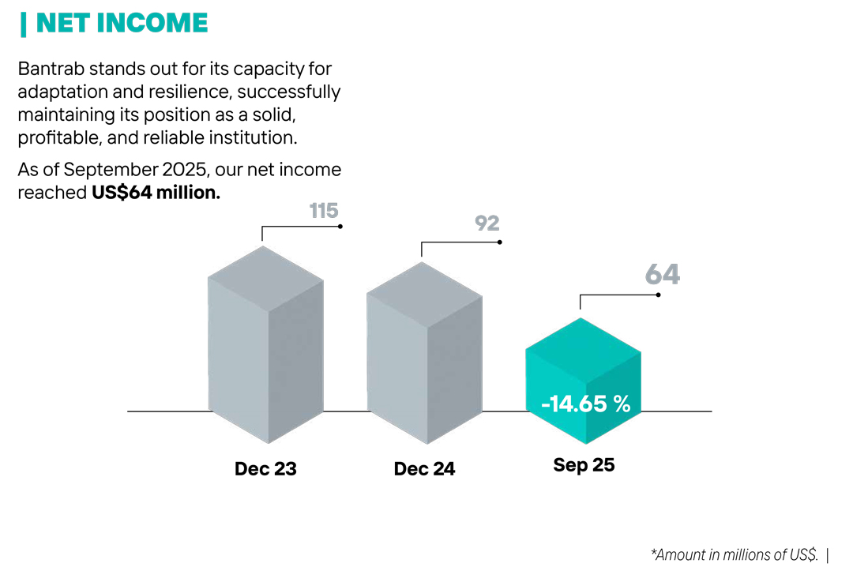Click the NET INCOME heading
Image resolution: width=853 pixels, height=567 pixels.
pos(122,23)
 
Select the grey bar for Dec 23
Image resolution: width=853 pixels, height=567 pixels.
pos(265,347)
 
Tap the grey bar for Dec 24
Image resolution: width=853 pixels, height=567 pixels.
pos(424,355)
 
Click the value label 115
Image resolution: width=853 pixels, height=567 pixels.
pos(324,211)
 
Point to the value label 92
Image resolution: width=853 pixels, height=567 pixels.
pos(487,223)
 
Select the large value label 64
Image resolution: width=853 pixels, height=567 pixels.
pos(662,274)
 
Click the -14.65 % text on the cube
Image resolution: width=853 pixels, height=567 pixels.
pos(585,404)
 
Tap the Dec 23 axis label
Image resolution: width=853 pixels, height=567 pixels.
pos(265,468)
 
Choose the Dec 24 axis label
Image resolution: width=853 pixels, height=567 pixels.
pos(424,468)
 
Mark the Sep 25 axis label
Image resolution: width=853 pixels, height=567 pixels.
pos(584,465)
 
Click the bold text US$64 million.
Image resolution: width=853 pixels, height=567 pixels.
pos(156,193)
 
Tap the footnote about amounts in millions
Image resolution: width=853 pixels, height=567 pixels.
pos(734,554)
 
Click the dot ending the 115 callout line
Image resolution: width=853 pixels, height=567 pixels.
pos(340,227)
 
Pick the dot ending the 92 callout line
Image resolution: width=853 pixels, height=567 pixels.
pos(500,242)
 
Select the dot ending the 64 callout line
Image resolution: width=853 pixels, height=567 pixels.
pos(658,295)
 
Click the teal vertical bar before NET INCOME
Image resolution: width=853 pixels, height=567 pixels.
pos(23,24)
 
